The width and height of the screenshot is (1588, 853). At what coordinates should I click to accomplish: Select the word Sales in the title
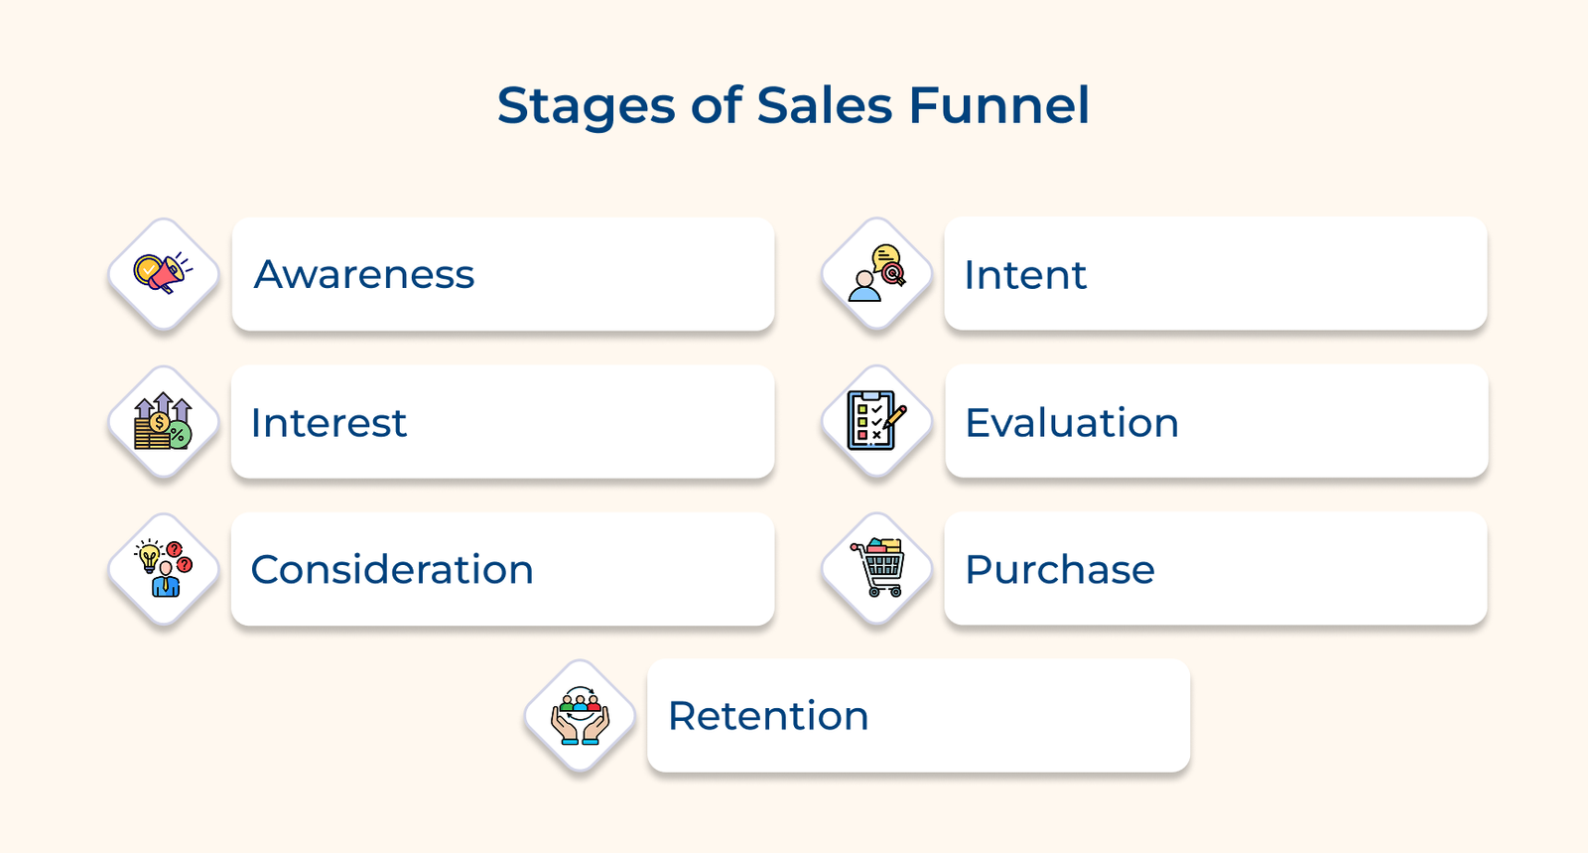pyautogui.click(x=824, y=105)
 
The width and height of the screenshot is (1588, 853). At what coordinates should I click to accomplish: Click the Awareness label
pyautogui.click(x=364, y=275)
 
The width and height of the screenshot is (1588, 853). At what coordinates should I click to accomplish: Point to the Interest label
pyautogui.click(x=329, y=423)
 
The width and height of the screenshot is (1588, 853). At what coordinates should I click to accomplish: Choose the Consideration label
pyautogui.click(x=392, y=570)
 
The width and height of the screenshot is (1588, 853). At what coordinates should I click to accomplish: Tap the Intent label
pyautogui.click(x=1025, y=275)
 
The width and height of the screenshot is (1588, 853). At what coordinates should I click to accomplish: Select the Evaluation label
pyautogui.click(x=1072, y=423)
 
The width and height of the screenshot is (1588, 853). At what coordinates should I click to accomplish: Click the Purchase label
pyautogui.click(x=1060, y=570)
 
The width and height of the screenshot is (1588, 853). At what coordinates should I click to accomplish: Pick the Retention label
pyautogui.click(x=768, y=716)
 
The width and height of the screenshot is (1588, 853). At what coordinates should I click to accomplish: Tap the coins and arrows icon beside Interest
pyautogui.click(x=164, y=422)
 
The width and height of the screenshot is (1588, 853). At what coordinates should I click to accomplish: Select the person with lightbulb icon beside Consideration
pyautogui.click(x=164, y=569)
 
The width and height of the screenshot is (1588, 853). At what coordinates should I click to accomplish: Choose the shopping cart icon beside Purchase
pyautogui.click(x=877, y=569)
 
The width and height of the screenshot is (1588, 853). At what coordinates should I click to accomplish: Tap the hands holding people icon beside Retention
pyautogui.click(x=581, y=716)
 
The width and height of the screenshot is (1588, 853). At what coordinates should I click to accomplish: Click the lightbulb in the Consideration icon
pyautogui.click(x=149, y=556)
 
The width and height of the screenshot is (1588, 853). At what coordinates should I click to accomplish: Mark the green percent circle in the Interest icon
pyautogui.click(x=179, y=435)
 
